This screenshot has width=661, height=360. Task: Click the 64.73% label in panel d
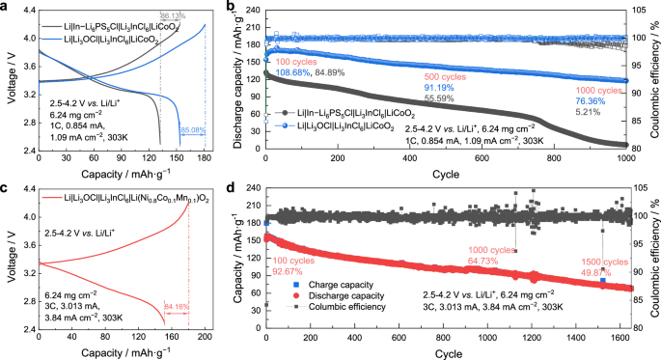click(487, 261)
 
